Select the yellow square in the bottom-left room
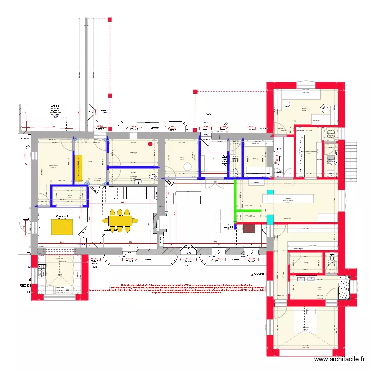click(62, 227)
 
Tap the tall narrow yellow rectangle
click(78, 167)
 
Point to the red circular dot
click(151, 144)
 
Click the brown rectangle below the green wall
click(249, 228)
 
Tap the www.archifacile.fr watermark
click(340, 360)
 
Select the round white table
click(187, 167)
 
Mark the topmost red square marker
click(110, 20)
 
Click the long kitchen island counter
click(288, 198)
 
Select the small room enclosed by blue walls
click(70, 196)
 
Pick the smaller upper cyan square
click(270, 191)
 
